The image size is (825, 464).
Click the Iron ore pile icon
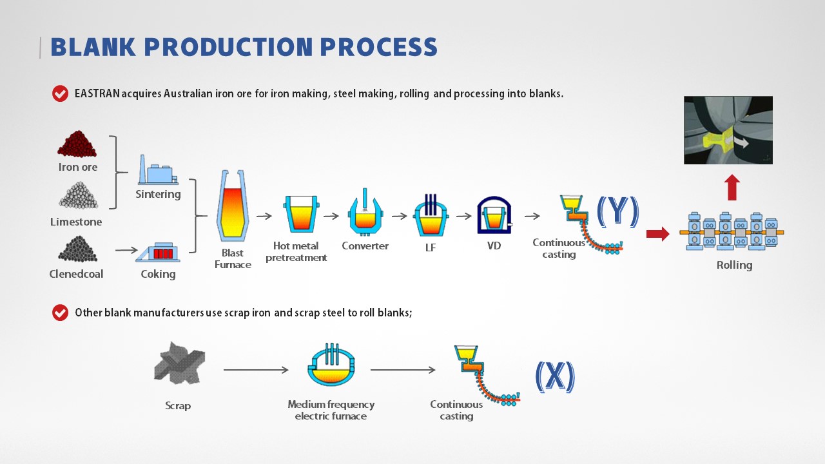[x=77, y=144]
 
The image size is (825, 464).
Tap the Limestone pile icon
[x=78, y=195]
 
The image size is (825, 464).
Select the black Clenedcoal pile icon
[x=77, y=249]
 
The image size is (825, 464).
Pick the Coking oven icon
[x=158, y=252]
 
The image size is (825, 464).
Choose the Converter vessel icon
[x=365, y=214]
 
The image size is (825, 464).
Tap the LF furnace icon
[x=431, y=215]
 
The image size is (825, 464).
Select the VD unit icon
[x=494, y=215]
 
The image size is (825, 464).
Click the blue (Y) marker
[x=617, y=211]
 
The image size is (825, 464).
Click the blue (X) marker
[x=555, y=376]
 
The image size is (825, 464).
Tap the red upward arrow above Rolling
[x=732, y=188]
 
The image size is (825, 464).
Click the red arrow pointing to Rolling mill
[x=657, y=233]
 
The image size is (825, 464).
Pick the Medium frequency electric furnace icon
[x=331, y=366]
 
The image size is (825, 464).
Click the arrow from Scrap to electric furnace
[x=255, y=370]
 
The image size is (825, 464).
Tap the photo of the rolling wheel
[x=728, y=130]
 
